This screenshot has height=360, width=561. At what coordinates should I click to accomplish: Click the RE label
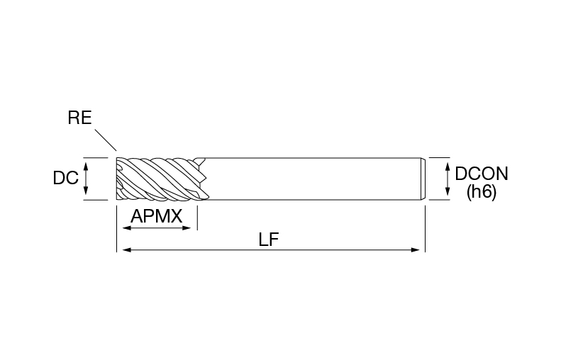(79, 118)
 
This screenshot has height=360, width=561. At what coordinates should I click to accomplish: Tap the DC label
(65, 178)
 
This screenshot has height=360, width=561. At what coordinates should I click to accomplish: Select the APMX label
(156, 216)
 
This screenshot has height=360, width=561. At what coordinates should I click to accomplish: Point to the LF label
(268, 240)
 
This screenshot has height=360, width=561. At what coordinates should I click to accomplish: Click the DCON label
(482, 174)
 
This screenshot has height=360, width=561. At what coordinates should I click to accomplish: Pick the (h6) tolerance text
(482, 192)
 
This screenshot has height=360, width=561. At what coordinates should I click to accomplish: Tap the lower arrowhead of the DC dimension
(86, 191)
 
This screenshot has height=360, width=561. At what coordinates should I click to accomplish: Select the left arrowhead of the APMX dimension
(127, 227)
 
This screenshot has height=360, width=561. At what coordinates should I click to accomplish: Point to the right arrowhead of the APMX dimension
(187, 227)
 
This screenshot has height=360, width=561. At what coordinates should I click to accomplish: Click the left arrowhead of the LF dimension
(127, 250)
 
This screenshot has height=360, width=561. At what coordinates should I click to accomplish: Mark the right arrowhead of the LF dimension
(416, 250)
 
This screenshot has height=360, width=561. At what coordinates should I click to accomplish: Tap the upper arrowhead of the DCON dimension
(448, 167)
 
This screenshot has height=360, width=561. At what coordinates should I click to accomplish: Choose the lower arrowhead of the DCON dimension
(448, 191)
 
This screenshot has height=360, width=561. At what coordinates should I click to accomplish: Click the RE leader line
(106, 140)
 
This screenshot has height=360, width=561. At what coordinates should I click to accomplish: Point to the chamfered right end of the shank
(423, 179)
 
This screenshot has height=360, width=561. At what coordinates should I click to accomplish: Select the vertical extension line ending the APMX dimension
(197, 218)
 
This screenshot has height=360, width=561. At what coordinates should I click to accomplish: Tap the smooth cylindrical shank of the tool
(311, 179)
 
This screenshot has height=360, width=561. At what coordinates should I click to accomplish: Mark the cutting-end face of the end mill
(117, 179)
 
